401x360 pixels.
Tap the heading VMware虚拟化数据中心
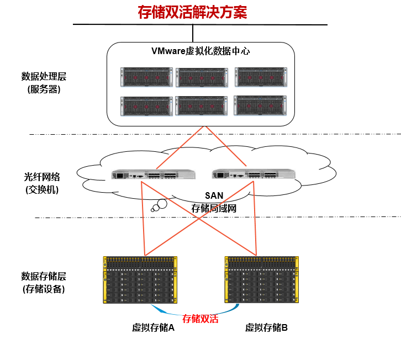(200, 51)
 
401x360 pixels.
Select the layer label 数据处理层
(44, 76)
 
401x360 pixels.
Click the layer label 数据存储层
(44, 276)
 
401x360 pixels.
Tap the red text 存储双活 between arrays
(200, 319)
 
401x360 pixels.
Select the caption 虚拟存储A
(153, 327)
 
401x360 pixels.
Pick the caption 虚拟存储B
(267, 327)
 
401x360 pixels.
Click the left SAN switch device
(154, 175)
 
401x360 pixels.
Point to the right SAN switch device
(254, 175)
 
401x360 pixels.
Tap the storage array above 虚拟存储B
(262, 279)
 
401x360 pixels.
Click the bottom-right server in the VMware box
(260, 105)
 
